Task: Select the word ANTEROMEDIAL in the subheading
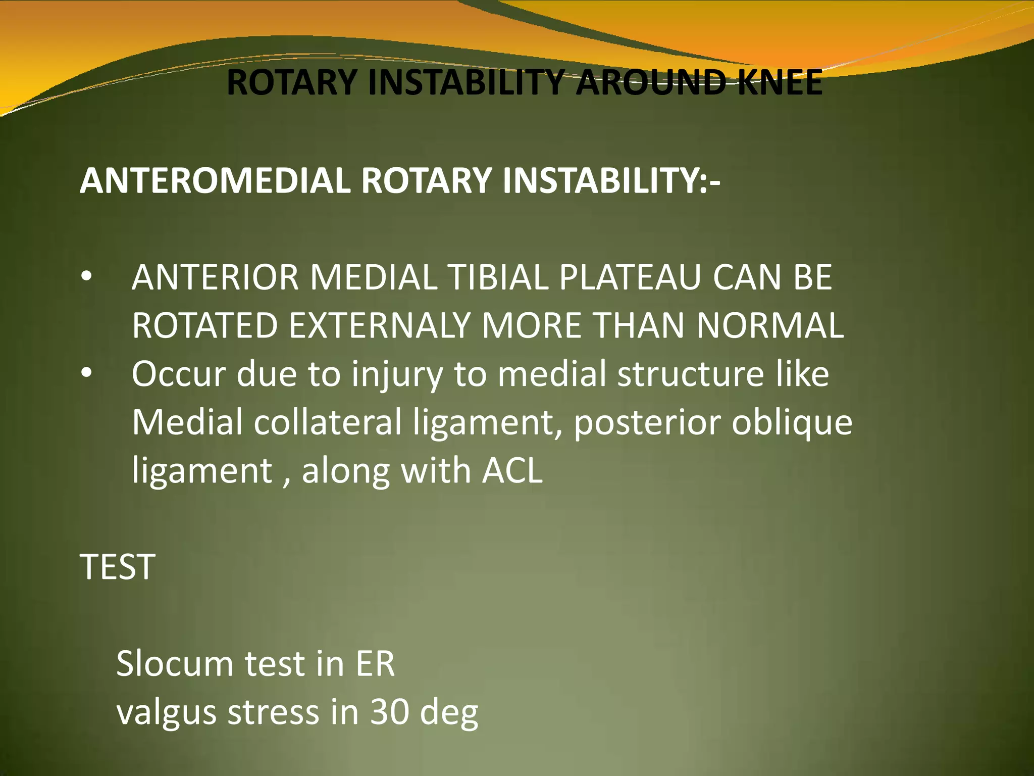point(215,180)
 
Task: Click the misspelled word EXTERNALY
point(380,325)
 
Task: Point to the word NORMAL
point(770,325)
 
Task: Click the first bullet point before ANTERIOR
point(86,277)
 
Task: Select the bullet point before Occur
point(86,374)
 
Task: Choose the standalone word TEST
point(117,567)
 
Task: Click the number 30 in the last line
point(389,712)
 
